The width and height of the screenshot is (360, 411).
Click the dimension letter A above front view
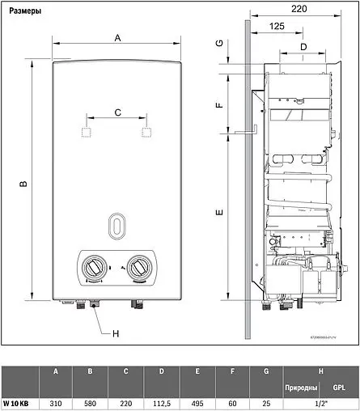click(x=117, y=38)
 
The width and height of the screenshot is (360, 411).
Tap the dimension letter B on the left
click(x=23, y=184)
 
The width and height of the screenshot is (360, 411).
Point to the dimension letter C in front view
click(x=117, y=112)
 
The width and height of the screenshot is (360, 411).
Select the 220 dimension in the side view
click(x=299, y=11)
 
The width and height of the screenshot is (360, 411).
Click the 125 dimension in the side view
click(x=277, y=27)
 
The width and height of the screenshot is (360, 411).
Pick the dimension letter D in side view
click(x=303, y=46)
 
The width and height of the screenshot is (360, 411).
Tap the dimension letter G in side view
click(x=219, y=43)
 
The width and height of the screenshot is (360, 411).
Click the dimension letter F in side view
click(x=219, y=105)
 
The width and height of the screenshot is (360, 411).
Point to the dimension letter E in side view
click(x=219, y=212)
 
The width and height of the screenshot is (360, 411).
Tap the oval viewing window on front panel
click(x=118, y=226)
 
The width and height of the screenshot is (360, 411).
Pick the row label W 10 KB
click(x=19, y=401)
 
